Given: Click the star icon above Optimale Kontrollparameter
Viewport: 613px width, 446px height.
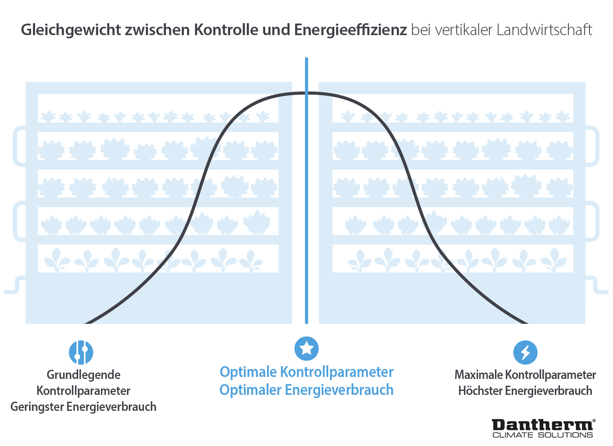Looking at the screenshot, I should (x=306, y=348).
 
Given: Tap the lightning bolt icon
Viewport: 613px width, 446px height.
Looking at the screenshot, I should (x=525, y=352).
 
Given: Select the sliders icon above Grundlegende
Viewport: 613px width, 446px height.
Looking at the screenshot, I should (x=81, y=352).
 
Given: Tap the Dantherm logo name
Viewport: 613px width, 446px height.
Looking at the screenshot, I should (x=543, y=425).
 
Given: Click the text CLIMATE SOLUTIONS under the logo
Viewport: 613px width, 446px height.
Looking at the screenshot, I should (x=543, y=435).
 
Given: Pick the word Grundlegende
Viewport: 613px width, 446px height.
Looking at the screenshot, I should (x=84, y=375).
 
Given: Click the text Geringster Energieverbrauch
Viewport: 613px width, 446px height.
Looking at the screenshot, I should (x=83, y=406).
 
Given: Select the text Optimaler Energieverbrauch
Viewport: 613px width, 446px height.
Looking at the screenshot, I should (x=306, y=390).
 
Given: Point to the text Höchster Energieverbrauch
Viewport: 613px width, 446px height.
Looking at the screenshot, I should (x=525, y=390).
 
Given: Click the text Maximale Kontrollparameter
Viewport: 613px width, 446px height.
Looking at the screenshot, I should (x=525, y=375).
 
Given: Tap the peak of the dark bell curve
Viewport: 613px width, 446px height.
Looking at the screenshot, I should (x=306, y=93).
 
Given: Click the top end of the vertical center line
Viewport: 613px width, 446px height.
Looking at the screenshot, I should (x=306, y=60).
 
